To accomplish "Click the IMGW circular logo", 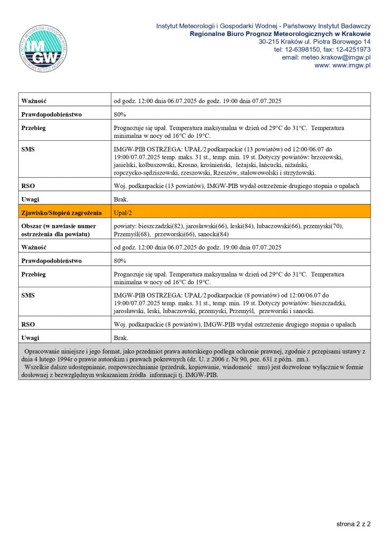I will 44,48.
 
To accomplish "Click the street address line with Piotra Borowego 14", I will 314,41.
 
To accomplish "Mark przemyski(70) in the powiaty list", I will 323,226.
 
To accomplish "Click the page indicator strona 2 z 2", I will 354,523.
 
